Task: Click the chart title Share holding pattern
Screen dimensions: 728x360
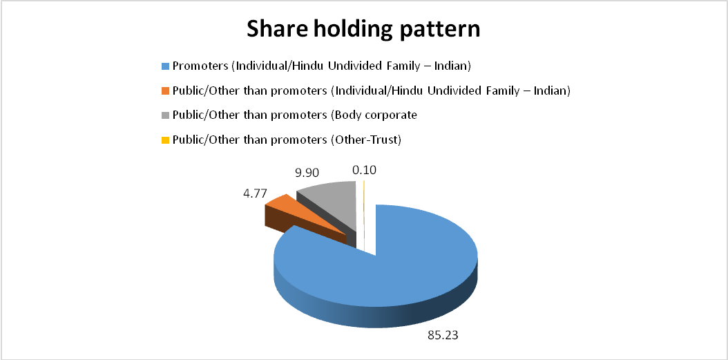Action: coord(363,29)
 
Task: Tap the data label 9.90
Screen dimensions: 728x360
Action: coord(308,173)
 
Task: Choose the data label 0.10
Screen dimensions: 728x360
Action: coord(364,170)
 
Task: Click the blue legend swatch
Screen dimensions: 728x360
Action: coord(165,66)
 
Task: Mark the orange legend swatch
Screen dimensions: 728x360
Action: coord(165,91)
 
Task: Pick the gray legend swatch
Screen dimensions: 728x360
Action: coord(165,115)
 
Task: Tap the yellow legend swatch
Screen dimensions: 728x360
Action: coord(165,140)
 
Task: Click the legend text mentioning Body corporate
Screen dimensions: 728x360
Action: coord(295,115)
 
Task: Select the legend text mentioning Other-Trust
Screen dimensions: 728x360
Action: coord(287,140)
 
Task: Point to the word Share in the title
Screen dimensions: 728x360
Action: coord(274,29)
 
